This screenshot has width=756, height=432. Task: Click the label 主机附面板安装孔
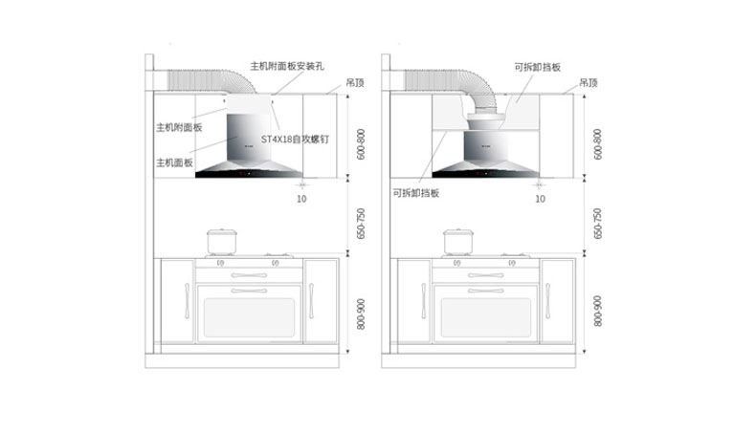pos(287,67)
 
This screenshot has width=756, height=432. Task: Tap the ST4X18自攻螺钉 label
pos(296,139)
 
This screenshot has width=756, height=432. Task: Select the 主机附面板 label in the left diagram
pos(179,127)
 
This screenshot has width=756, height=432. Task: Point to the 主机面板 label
pos(174,163)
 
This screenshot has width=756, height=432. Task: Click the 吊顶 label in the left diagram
pos(354,83)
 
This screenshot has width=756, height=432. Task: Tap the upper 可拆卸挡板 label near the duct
pos(537,68)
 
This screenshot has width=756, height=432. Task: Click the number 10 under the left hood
pos(301,199)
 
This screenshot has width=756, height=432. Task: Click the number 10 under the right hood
pos(540,199)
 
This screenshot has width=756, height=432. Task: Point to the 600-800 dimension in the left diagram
pos(360,143)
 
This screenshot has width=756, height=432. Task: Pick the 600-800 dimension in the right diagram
pos(597,143)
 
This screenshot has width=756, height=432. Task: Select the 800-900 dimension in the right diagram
pos(597,311)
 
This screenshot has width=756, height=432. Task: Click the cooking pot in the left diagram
pos(220,241)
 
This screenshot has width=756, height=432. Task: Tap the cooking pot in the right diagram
pos(457,241)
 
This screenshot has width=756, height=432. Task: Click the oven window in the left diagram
pos(247,319)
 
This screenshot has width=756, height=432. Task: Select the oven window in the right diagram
pos(485,319)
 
